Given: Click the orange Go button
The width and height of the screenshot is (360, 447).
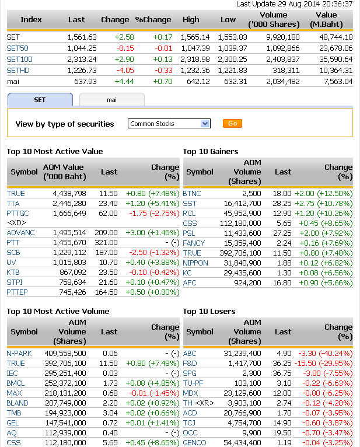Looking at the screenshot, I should tap(232, 124).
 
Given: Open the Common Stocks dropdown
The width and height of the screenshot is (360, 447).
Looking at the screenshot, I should tap(169, 124).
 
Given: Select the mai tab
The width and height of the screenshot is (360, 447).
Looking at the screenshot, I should tap(111, 100).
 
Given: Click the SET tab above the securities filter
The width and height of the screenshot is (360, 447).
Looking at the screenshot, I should tap(40, 100).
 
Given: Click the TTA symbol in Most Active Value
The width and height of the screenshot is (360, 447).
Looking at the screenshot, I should tap(14, 203).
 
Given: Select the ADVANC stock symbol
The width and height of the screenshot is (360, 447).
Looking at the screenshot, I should tap(21, 233).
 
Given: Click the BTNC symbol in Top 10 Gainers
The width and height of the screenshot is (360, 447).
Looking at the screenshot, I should tap(192, 193).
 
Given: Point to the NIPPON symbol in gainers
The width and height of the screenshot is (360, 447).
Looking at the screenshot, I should tap(195, 263).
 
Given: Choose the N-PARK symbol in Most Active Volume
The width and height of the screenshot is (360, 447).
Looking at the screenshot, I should tap(19, 353).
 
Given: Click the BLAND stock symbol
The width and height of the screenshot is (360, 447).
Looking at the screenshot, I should tap(18, 403).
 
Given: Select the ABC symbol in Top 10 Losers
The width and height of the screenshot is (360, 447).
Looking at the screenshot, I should tap(190, 353).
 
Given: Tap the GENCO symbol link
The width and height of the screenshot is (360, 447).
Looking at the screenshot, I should tap(194, 442).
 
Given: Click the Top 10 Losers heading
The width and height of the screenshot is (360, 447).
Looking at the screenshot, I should tap(209, 312).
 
